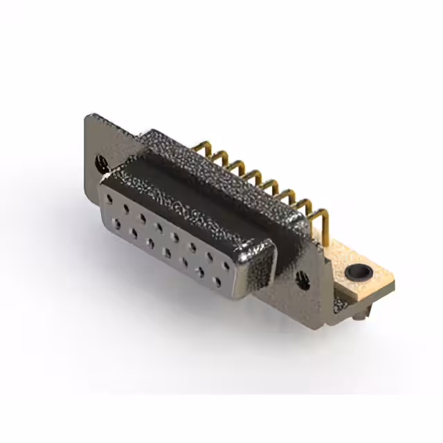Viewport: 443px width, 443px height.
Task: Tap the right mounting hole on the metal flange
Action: (x=302, y=280)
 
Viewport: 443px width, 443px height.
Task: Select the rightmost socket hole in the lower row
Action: (x=219, y=282)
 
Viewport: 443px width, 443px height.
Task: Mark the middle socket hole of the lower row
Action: (x=167, y=252)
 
